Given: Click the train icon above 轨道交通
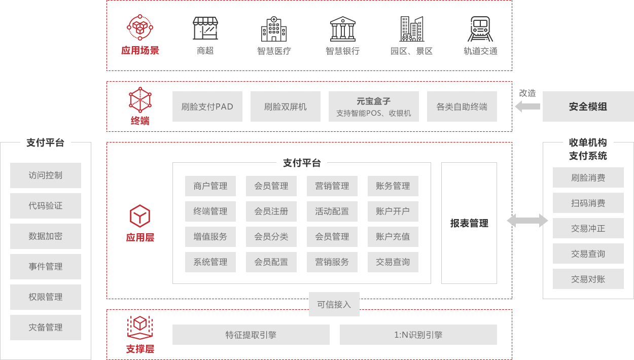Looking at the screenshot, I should point(480,29).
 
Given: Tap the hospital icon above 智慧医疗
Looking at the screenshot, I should point(274,29).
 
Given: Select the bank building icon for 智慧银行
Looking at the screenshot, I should point(342,29).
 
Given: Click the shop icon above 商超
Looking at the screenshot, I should point(205,28).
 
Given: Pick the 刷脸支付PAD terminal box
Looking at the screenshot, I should point(207,106).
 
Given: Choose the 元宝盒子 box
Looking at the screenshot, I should point(373,106).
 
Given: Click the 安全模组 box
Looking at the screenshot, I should point(588,106).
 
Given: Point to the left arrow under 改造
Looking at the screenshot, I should point(527,106).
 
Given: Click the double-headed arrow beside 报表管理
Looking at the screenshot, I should point(527,221).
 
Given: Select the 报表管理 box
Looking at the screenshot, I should point(469,223).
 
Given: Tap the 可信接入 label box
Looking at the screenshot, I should point(334,304).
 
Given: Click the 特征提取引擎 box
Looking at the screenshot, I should point(251,335).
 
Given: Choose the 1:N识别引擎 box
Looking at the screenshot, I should point(418,335).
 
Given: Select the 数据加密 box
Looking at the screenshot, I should point(46,236).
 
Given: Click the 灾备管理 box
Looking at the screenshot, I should point(46,328).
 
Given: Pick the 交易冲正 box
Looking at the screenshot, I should point(588,229).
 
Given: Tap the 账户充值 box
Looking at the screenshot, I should point(393,237).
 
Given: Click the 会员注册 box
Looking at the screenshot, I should point(271,211).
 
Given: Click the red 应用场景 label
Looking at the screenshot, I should point(140,51).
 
